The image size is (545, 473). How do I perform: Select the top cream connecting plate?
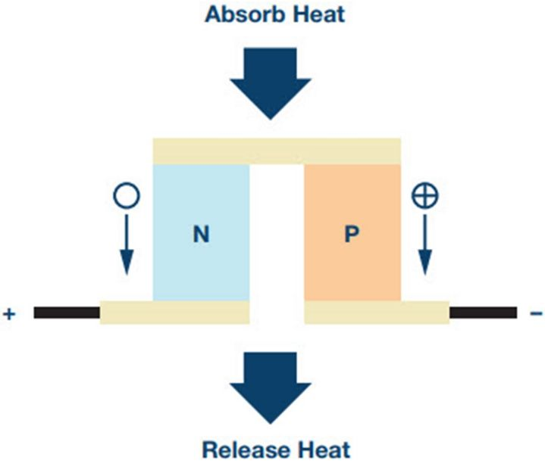[x=276, y=151]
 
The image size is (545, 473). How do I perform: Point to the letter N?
[x=201, y=235]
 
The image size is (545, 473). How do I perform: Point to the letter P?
[x=351, y=235]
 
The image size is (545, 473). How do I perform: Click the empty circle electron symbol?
[x=124, y=196]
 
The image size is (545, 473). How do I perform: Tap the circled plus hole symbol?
[x=424, y=196]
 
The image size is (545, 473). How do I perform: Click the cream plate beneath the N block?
[x=174, y=312]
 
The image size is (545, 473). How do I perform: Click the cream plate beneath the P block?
[x=376, y=312]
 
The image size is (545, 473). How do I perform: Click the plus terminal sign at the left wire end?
[x=9, y=313]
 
